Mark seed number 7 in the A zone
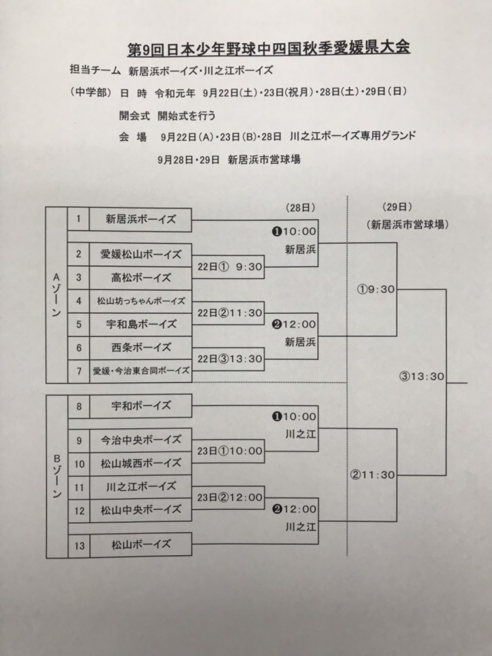click(78, 370)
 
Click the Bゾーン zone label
click(56, 475)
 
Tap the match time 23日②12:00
click(230, 497)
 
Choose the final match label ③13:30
click(422, 376)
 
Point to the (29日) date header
click(397, 208)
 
